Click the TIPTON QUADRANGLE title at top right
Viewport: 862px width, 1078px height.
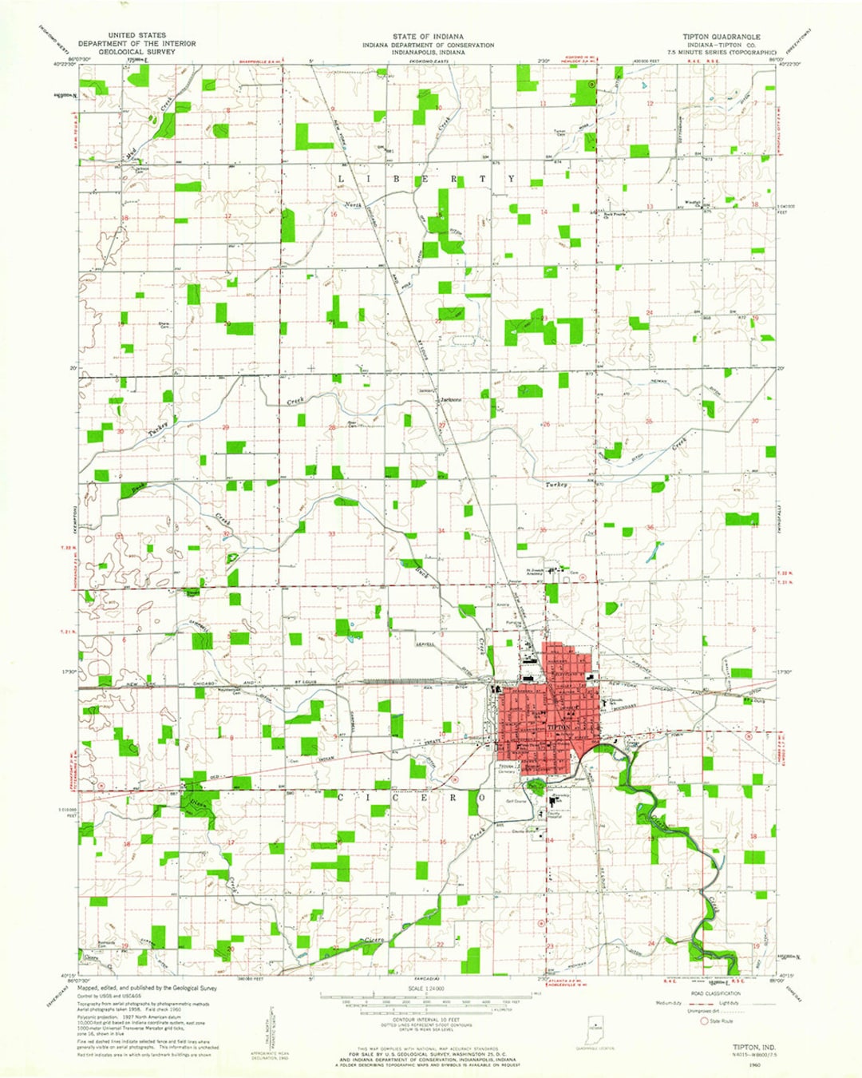pos(721,37)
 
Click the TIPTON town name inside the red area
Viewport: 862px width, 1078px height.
pos(559,728)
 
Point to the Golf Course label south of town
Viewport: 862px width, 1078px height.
pos(516,801)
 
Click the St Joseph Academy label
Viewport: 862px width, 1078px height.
pos(534,572)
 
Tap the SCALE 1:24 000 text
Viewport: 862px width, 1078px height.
pos(426,989)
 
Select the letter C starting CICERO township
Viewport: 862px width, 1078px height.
pos(342,797)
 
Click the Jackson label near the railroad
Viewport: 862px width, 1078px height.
pos(425,390)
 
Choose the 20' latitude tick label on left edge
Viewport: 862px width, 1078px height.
pos(73,368)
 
